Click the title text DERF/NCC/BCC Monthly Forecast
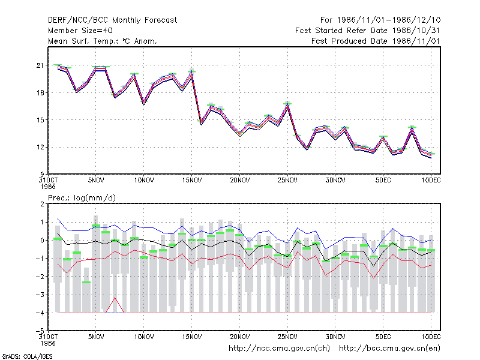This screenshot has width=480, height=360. coord(112,20)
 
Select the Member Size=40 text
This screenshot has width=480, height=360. coord(80,31)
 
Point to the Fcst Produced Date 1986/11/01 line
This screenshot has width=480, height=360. coord(376,41)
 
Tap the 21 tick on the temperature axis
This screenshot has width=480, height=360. coord(40,65)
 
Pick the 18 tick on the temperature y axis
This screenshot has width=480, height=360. coord(40,93)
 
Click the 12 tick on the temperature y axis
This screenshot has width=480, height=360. coord(40,147)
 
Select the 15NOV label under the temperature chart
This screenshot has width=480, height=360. coord(192,181)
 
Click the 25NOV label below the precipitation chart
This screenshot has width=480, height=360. coord(287,337)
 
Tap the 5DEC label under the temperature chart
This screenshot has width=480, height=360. coord(383,181)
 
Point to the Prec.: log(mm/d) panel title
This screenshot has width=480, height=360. coord(82,198)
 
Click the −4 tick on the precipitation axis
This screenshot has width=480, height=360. coord(40,313)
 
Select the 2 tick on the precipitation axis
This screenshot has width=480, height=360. coord(42,204)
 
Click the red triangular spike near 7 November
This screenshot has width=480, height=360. coord(115,298)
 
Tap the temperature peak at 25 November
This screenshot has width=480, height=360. coord(287,105)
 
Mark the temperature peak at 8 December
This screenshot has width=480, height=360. coord(412,128)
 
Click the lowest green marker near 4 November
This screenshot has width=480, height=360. coord(86,282)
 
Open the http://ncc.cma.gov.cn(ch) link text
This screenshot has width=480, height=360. coord(279,349)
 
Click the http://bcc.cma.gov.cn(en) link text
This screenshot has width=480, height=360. coord(389,349)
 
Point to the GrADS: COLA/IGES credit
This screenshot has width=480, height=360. coord(27,356)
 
